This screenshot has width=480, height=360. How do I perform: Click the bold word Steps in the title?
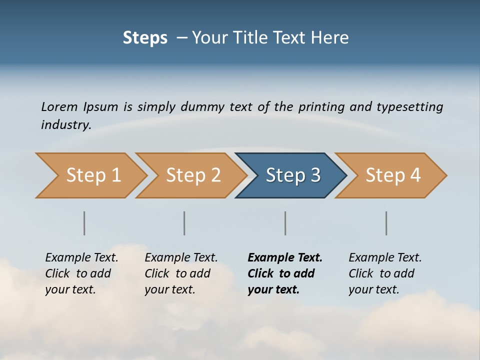(145, 38)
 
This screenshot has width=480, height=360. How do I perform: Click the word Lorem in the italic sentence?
(59, 107)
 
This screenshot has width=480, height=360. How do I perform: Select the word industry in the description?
(66, 125)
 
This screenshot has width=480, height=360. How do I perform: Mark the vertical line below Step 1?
(84, 223)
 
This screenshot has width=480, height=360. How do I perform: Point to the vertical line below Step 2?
(184, 223)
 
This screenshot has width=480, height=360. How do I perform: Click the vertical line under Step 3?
(285, 223)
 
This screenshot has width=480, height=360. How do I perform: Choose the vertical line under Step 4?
(386, 223)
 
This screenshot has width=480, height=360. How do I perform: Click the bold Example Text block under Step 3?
(285, 273)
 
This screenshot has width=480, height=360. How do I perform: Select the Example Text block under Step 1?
(81, 273)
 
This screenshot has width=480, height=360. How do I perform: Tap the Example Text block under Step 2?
(181, 273)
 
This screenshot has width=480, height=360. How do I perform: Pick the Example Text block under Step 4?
(385, 273)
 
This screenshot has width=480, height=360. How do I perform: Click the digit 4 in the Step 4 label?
(414, 175)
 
